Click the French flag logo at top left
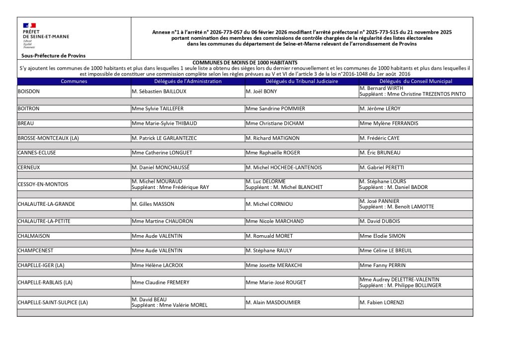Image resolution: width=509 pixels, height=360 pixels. coord(29,25)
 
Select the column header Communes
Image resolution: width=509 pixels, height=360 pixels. coord(74,81)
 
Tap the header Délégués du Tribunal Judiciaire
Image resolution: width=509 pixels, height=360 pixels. coord(301,81)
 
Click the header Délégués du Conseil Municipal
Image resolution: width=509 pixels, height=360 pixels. coord(416,81)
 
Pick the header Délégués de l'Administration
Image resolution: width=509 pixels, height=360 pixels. coord(187,81)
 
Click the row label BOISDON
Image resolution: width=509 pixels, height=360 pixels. coord(29,91)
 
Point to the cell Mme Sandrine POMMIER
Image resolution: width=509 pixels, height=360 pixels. coord(275,108)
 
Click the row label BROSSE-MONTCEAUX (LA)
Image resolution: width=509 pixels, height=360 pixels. coord(48,138)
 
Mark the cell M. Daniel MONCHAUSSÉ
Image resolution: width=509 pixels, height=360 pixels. coord(160,168)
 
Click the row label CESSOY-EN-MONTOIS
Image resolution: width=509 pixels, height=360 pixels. coord(43,184)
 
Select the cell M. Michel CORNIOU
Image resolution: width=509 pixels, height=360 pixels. coord(269,204)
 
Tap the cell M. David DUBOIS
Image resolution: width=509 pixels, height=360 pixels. coord(379,221)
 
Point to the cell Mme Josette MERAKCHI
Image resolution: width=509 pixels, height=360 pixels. coord(274,266)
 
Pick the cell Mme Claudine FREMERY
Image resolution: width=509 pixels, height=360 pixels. coord(160,282)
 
